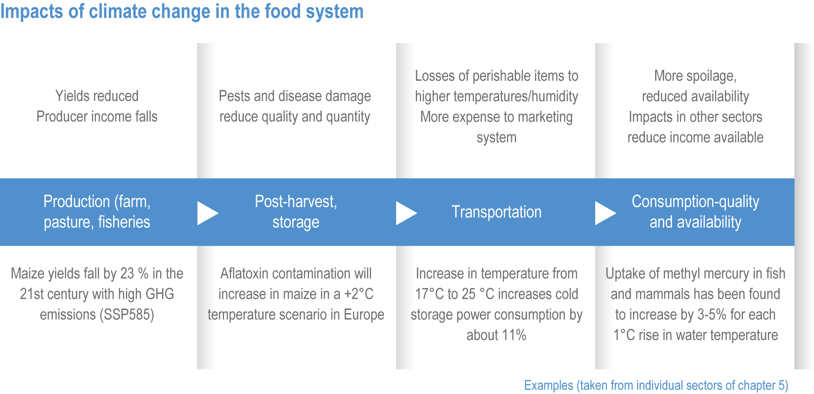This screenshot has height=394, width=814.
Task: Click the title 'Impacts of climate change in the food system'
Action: tap(182, 11)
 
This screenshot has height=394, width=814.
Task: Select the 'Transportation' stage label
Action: tap(497, 212)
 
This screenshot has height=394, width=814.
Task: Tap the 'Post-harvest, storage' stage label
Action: tap(296, 212)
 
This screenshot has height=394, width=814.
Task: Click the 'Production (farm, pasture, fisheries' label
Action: tap(97, 212)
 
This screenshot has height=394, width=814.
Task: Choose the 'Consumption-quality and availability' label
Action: tap(695, 212)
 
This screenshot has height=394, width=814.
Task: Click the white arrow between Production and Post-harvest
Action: tap(208, 213)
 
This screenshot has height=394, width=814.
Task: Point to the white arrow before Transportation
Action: tap(406, 213)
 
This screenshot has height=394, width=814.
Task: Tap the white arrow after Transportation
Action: tap(605, 213)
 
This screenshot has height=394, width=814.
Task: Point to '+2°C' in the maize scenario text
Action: tap(359, 294)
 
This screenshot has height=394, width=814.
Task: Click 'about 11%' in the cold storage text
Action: tap(496, 335)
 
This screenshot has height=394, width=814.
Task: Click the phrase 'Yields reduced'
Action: tap(97, 96)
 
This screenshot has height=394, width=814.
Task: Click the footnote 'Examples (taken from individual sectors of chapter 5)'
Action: tap(656, 385)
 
